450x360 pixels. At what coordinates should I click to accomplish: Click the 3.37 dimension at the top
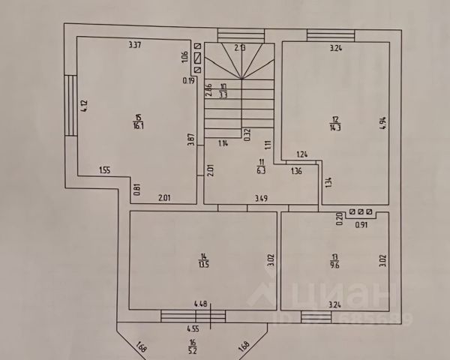click(136, 45)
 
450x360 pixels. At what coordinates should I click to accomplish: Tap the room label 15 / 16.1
click(137, 121)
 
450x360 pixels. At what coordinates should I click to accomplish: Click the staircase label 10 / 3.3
click(223, 91)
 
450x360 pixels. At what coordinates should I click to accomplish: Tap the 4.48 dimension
click(200, 304)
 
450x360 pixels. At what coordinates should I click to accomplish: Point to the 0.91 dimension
click(361, 223)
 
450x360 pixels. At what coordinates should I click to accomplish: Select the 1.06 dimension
click(184, 55)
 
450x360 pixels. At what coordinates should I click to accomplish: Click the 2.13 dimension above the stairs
click(239, 47)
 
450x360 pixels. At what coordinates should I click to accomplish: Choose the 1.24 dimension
click(301, 154)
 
